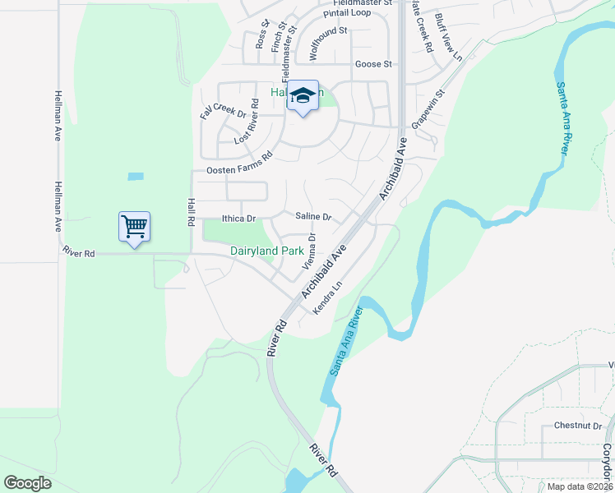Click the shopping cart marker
coord(134,226)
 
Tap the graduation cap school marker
coord(303,96)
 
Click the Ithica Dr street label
coord(239,219)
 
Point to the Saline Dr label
coord(313,217)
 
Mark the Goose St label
coord(371,64)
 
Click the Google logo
coord(27,483)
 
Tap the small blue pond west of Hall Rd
coord(136,176)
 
